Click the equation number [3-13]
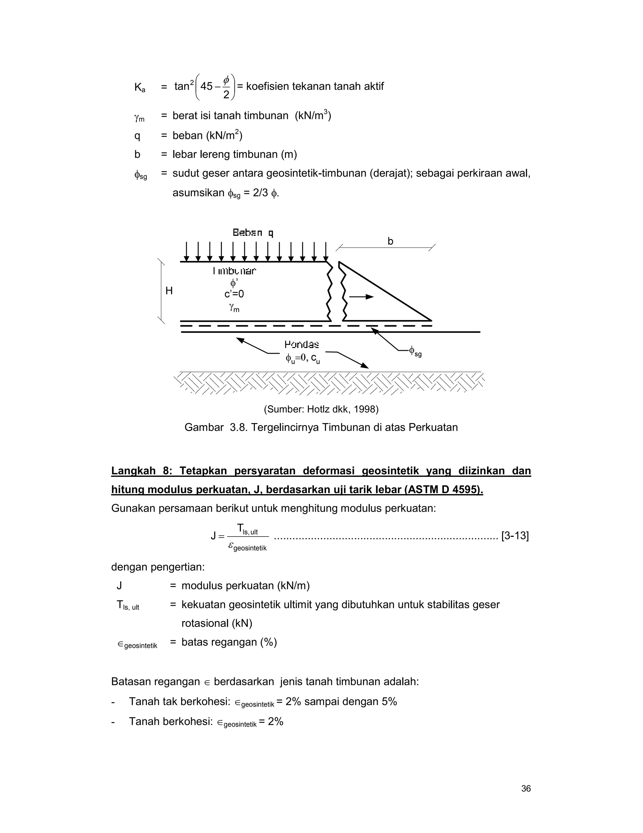click(x=515, y=536)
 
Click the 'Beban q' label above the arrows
click(x=253, y=233)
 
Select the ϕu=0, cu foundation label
click(x=302, y=358)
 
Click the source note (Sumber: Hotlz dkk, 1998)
click(x=321, y=409)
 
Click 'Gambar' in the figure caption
click(x=203, y=427)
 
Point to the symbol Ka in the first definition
click(x=139, y=87)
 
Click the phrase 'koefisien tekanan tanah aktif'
click(x=315, y=86)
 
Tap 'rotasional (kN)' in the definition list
click(x=216, y=623)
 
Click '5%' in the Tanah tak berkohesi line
click(x=389, y=702)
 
